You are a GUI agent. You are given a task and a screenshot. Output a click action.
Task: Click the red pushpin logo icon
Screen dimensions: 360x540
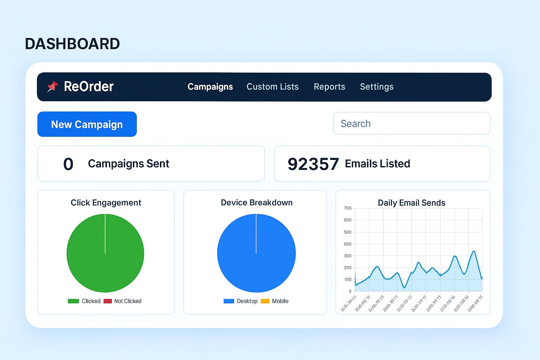[x=52, y=86]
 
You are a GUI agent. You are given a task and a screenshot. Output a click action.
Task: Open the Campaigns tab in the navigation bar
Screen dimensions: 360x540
[x=210, y=87]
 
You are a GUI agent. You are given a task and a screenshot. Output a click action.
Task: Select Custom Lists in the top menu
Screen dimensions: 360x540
[x=272, y=87]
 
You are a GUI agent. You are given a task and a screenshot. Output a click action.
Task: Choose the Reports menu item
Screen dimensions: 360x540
[x=329, y=87]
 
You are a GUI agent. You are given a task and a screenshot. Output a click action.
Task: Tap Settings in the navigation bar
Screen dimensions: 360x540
[x=377, y=87]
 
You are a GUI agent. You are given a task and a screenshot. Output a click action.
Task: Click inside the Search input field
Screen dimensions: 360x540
[x=411, y=123]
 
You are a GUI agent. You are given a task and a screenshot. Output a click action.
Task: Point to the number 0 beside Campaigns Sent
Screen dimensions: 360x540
[x=68, y=164]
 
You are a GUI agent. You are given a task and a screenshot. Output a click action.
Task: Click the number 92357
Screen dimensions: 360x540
[x=313, y=164]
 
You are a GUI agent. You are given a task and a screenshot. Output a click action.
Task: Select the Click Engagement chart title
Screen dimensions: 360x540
[x=106, y=202]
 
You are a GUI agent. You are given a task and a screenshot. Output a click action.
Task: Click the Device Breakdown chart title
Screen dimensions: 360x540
[x=257, y=202]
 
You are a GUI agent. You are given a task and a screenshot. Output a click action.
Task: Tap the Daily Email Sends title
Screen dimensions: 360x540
[x=411, y=203]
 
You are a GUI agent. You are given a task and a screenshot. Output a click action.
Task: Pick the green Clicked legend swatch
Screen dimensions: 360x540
[x=73, y=301]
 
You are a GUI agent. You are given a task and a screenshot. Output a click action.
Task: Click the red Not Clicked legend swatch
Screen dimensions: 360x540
[x=108, y=301]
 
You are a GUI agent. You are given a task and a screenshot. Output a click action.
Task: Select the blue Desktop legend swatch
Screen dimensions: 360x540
[x=229, y=301]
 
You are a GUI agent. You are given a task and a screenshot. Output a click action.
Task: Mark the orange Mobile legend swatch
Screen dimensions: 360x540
[x=265, y=301]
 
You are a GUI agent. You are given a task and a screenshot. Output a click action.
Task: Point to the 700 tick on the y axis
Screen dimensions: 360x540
[x=347, y=208]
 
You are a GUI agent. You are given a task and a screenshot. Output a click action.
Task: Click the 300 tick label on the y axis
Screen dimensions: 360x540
[x=347, y=256]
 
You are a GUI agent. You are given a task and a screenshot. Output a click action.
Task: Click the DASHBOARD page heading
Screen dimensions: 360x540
[x=72, y=44]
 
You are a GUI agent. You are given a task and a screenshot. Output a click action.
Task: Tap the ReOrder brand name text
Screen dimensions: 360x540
[x=89, y=86]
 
